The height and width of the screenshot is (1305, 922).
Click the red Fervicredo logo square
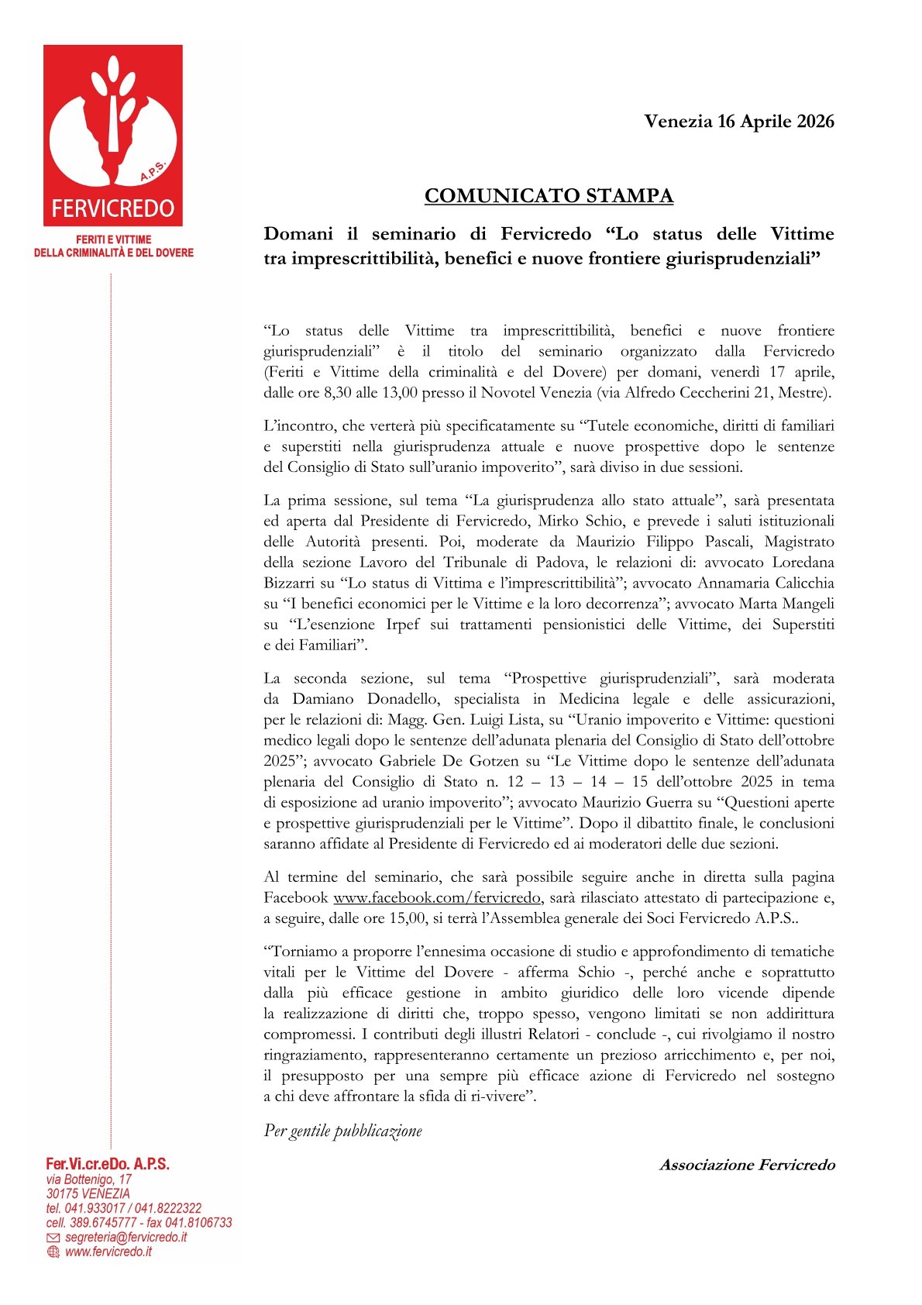pyautogui.click(x=113, y=135)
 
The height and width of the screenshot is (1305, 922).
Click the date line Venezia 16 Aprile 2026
pyautogui.click(x=738, y=122)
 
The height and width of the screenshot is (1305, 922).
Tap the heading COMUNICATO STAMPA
pyautogui.click(x=549, y=196)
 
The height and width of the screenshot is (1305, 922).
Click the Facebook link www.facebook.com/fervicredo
pyautogui.click(x=436, y=898)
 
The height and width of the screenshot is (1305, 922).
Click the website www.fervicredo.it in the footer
pyautogui.click(x=108, y=1252)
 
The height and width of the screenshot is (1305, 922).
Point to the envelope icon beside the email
pyautogui.click(x=53, y=1238)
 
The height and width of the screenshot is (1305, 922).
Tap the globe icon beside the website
pyautogui.click(x=53, y=1252)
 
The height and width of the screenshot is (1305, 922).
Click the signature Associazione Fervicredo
pyautogui.click(x=747, y=1165)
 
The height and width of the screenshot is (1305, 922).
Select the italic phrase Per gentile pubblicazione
pyautogui.click(x=342, y=1131)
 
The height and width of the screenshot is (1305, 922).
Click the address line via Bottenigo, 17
pyautogui.click(x=88, y=1179)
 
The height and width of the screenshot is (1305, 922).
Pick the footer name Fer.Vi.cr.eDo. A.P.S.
pyautogui.click(x=107, y=1164)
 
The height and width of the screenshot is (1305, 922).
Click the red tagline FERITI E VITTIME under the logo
pyautogui.click(x=113, y=240)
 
